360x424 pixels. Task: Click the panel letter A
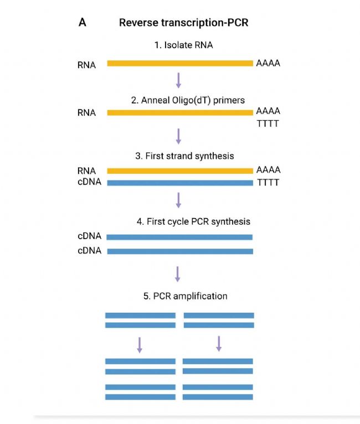[x=83, y=24]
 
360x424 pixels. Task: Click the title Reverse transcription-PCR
[x=183, y=24]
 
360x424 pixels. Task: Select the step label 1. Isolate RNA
[x=183, y=45]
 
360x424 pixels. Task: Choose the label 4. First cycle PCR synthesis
[x=193, y=221]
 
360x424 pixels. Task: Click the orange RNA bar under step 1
[x=179, y=64]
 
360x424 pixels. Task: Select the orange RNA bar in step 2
[x=179, y=113]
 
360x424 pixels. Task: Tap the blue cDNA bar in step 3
[x=179, y=182]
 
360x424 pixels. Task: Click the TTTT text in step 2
[x=268, y=124]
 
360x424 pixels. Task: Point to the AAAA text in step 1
[x=268, y=63]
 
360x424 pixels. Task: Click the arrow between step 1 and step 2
[x=178, y=81]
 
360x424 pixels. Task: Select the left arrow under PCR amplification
[x=140, y=345]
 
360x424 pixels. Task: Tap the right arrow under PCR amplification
[x=219, y=344]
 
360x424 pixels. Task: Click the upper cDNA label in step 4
[x=90, y=236]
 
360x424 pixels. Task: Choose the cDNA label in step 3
[x=90, y=182]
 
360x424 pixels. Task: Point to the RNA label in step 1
[x=87, y=65]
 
